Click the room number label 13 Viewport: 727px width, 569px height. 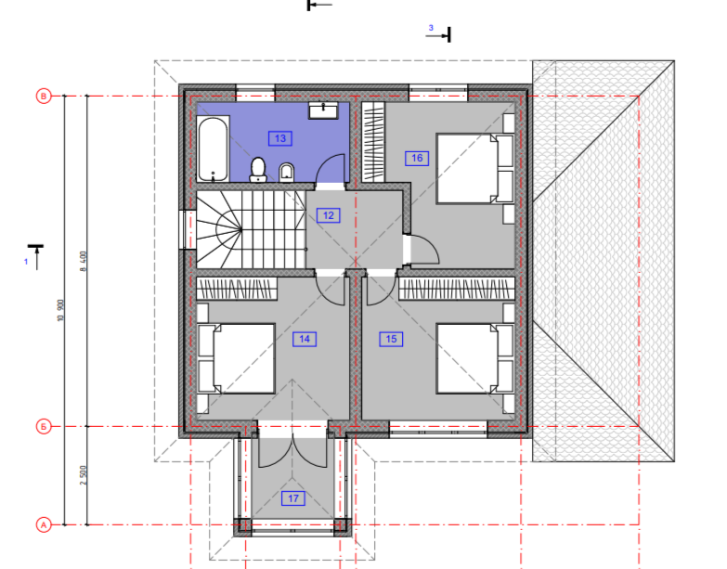click(280, 138)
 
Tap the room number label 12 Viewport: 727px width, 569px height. click(329, 215)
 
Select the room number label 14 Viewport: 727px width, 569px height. click(305, 339)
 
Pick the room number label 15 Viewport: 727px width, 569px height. click(391, 339)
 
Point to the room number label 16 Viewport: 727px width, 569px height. click(417, 158)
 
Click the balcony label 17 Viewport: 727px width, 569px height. click(293, 498)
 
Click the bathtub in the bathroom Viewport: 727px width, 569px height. click(213, 149)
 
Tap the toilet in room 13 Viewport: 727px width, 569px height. click(258, 170)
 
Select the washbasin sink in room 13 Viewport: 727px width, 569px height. click(324, 110)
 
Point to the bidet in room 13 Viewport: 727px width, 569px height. click(287, 173)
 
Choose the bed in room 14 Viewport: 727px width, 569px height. click(237, 358)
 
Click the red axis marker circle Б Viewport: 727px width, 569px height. click(44, 426)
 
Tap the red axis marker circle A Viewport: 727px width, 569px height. click(44, 525)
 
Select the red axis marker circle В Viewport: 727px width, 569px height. click(44, 97)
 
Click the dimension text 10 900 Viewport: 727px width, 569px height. click(60, 310)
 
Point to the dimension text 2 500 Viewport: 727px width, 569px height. click(84, 475)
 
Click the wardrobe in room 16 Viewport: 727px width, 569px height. click(373, 142)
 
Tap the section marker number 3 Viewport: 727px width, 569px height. click(431, 28)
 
